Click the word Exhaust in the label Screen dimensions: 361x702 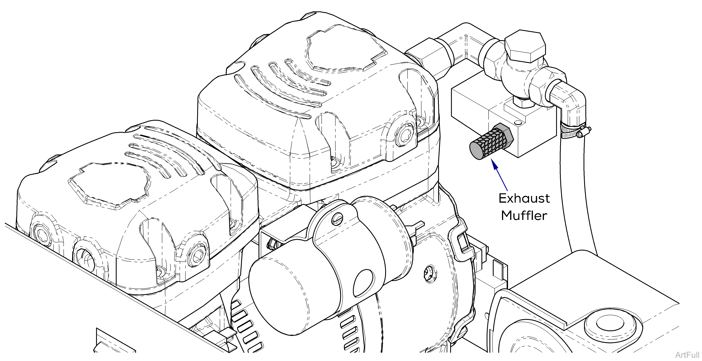pos(524,198)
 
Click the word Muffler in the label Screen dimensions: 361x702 pos(524,216)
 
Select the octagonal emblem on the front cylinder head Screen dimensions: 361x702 pos(109,186)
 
